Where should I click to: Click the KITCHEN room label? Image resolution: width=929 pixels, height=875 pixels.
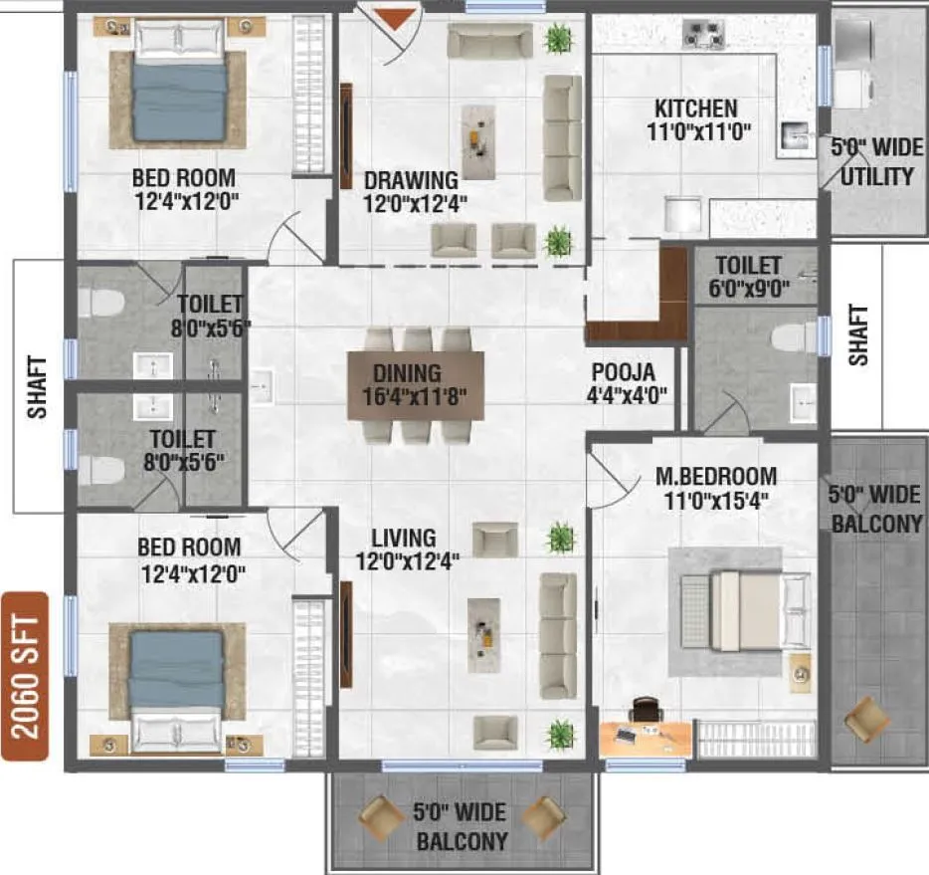(695, 109)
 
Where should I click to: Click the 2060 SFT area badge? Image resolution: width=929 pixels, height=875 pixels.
(25, 676)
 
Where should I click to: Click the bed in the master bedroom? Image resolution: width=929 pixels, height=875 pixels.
(746, 611)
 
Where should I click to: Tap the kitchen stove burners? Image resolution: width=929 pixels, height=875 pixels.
(702, 34)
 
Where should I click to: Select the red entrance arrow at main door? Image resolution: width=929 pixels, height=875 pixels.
(394, 17)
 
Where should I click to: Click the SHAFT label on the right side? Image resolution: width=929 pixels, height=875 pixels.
(858, 335)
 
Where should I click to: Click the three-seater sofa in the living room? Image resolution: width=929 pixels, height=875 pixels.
(558, 635)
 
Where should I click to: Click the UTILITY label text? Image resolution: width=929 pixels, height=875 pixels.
(876, 177)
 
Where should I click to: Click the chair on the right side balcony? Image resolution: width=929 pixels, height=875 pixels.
(865, 719)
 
